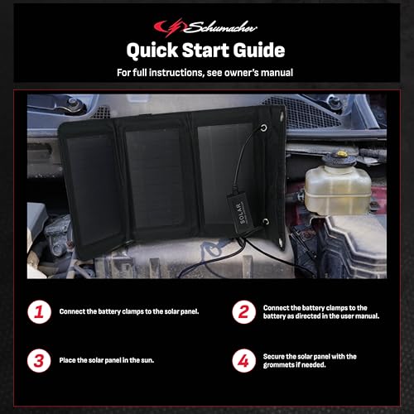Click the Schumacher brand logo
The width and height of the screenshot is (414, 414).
coord(205,27)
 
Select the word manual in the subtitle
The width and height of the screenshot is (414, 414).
coord(277,73)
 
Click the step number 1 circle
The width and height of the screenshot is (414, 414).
coord(39,312)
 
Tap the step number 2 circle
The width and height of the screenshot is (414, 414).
coord(243,312)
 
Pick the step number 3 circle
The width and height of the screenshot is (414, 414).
coord(39,360)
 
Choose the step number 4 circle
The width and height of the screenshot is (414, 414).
coord(243,360)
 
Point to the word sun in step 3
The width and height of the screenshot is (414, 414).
coord(147,360)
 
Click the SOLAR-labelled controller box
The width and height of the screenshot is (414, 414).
coord(238,210)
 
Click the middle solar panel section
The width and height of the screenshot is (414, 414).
coord(155,179)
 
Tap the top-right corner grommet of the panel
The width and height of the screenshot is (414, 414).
coord(282,115)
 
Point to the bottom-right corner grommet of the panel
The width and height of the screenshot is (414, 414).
coord(281,243)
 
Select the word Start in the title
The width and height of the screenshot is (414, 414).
coord(206,51)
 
